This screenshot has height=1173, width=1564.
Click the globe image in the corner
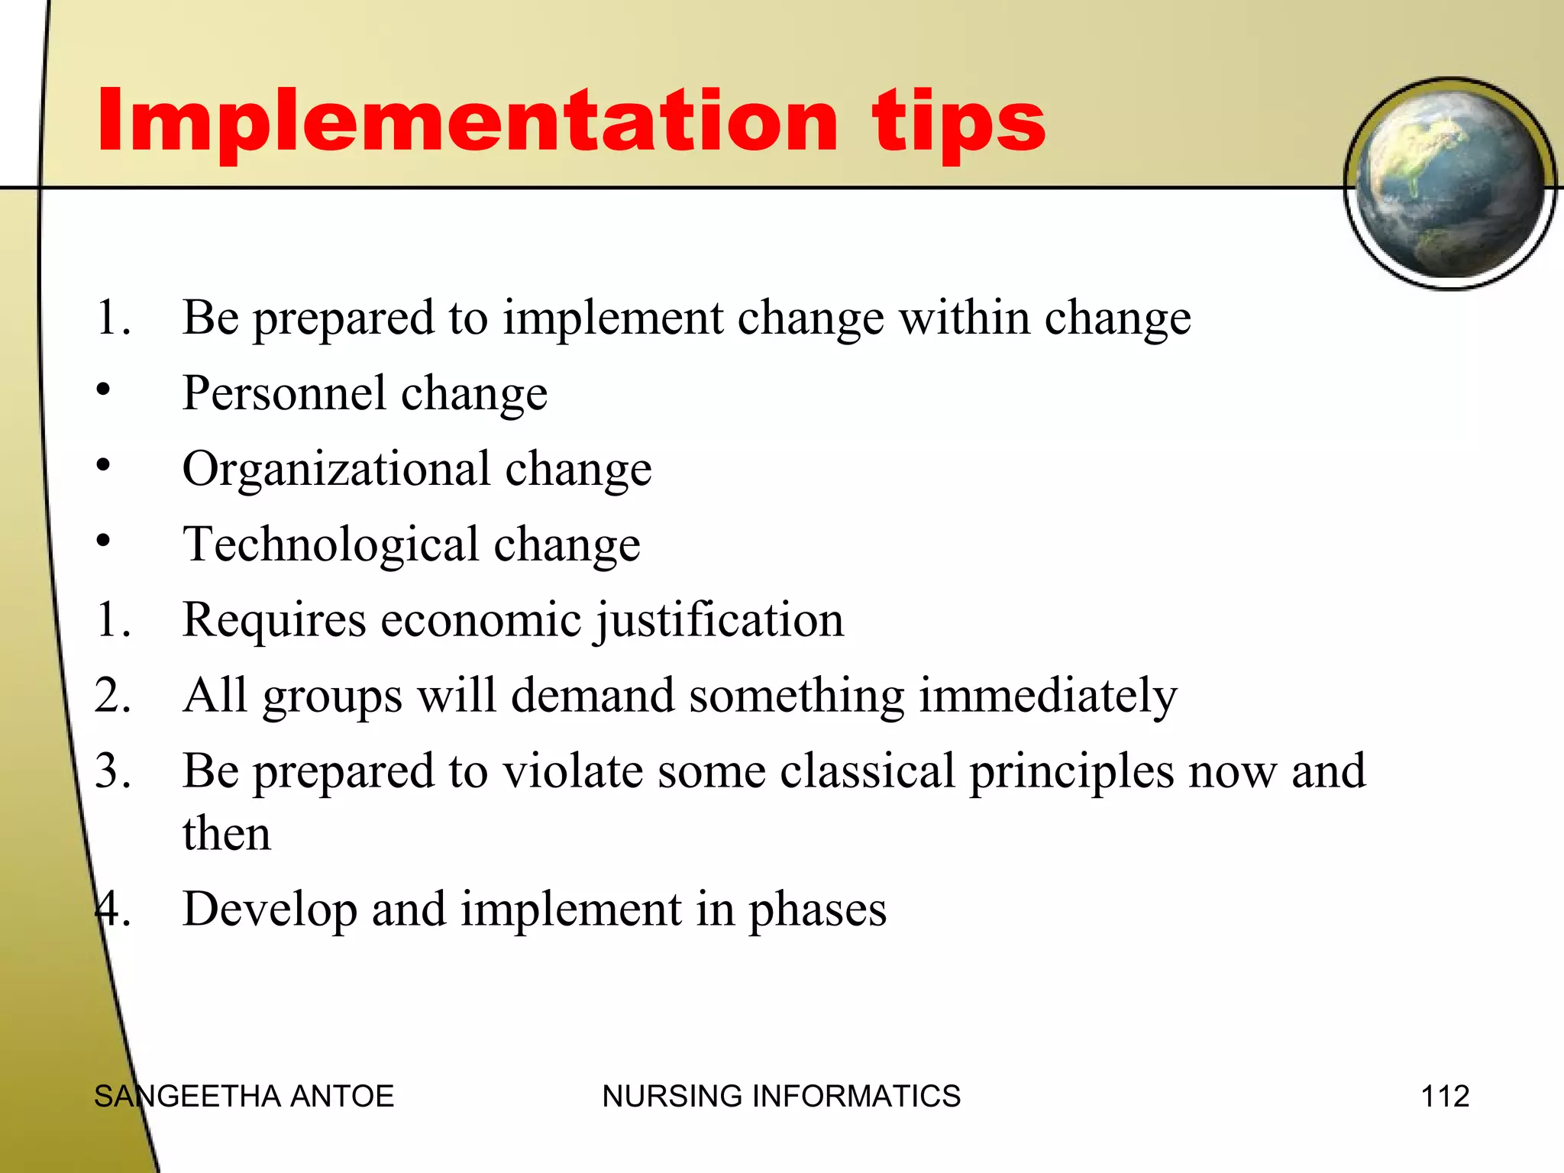[1449, 183]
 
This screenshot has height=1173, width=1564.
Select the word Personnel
[284, 393]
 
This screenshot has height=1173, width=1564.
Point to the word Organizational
[336, 469]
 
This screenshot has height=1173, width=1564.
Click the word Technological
[331, 544]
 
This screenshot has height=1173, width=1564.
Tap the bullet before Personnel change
[104, 390]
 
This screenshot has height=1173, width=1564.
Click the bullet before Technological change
[104, 541]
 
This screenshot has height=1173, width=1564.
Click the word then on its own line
[227, 834]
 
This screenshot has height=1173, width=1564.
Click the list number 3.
[112, 771]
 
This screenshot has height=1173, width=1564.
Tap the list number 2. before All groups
[112, 696]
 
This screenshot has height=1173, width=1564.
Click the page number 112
[1444, 1097]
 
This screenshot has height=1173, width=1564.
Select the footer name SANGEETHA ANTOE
[244, 1097]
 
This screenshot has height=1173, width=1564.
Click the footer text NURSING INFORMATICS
[780, 1097]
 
